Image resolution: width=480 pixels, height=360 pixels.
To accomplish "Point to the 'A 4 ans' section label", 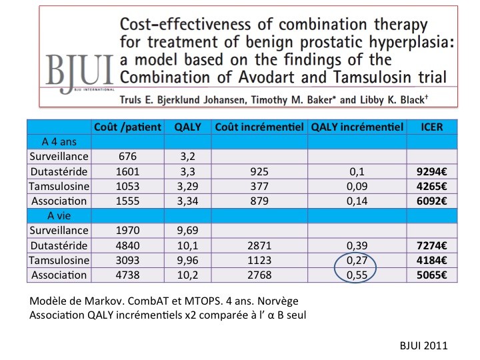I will [58, 141].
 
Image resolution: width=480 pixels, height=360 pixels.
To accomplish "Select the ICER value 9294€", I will [429, 171].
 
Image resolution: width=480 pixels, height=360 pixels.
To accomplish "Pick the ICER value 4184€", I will [429, 260].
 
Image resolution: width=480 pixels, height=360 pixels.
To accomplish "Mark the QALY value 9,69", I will [187, 231].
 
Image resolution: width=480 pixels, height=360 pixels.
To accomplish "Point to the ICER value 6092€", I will [429, 201].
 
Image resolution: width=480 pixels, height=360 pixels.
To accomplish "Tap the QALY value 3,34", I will [187, 201].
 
